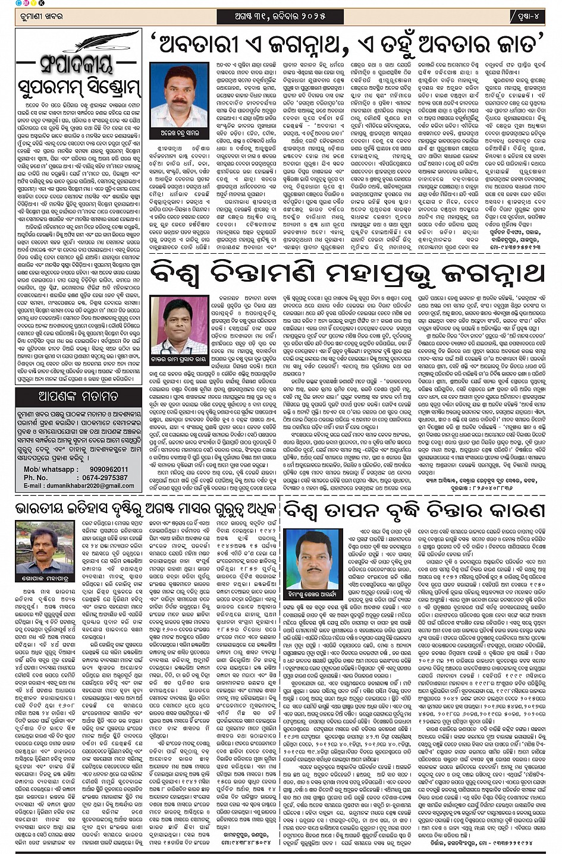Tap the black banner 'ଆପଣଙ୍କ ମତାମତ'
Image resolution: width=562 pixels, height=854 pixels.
[79, 396]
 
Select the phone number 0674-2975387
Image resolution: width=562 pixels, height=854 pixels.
[105, 477]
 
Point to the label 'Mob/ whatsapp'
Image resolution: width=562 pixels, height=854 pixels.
[48, 469]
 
